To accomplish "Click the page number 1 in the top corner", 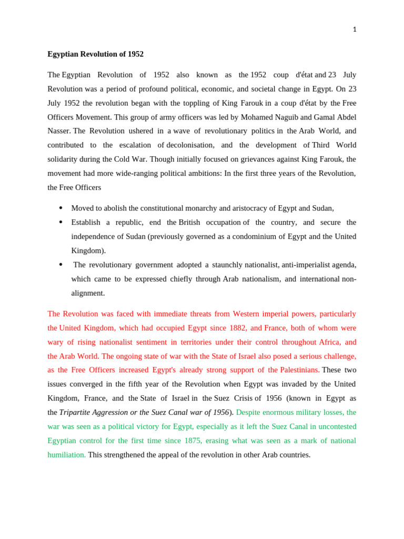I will click(x=355, y=29).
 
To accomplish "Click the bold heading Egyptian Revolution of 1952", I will click(x=95, y=54).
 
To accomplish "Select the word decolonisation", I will click(x=190, y=145).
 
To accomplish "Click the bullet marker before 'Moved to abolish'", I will click(x=60, y=208).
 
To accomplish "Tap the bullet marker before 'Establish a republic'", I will click(x=60, y=222).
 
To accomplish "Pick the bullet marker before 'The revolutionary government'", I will click(x=60, y=264).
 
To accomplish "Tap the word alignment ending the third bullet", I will click(x=88, y=293).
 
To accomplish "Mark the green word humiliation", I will click(x=66, y=455).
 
